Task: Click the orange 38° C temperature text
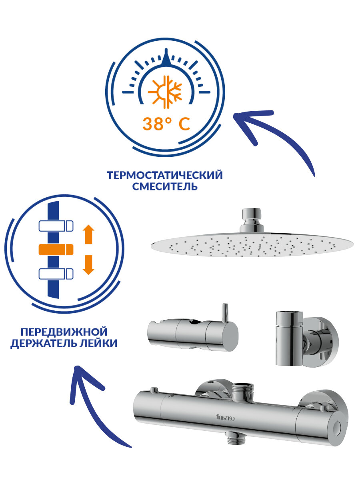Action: (x=166, y=124)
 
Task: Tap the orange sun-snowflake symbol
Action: (x=165, y=91)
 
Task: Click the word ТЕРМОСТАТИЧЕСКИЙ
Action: (x=165, y=175)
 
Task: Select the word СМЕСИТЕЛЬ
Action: (x=165, y=186)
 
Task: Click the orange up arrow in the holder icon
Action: (x=88, y=234)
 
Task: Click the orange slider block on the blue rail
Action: (x=56, y=250)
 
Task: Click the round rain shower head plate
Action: (x=252, y=245)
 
